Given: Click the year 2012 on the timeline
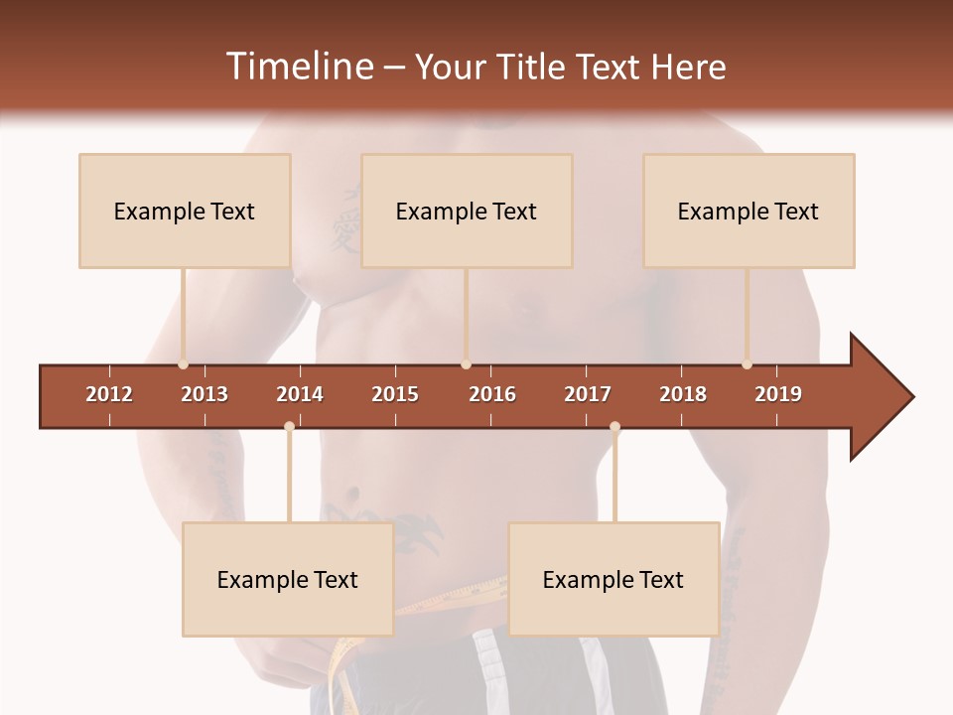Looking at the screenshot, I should pyautogui.click(x=109, y=394).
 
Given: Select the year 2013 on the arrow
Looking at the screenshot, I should pyautogui.click(x=204, y=394).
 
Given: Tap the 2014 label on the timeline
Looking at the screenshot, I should pyautogui.click(x=300, y=394).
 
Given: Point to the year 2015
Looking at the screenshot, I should pyautogui.click(x=395, y=394).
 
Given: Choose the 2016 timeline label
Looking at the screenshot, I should pyautogui.click(x=492, y=394).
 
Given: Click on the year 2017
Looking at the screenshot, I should pyautogui.click(x=588, y=394).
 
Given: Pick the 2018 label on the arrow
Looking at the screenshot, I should pyautogui.click(x=683, y=394).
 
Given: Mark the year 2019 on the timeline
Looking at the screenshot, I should pyautogui.click(x=778, y=394).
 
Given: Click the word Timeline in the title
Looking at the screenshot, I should pyautogui.click(x=298, y=67).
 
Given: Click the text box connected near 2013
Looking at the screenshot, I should pyautogui.click(x=185, y=211).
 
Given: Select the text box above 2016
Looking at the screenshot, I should pyautogui.click(x=467, y=211).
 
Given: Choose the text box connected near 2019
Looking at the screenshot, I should pyautogui.click(x=749, y=211).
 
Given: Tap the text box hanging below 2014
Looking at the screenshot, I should pyautogui.click(x=288, y=579).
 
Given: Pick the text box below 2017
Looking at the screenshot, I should pyautogui.click(x=613, y=579).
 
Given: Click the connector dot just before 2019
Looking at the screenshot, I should pyautogui.click(x=747, y=364).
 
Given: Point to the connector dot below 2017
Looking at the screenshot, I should pyautogui.click(x=614, y=427).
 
